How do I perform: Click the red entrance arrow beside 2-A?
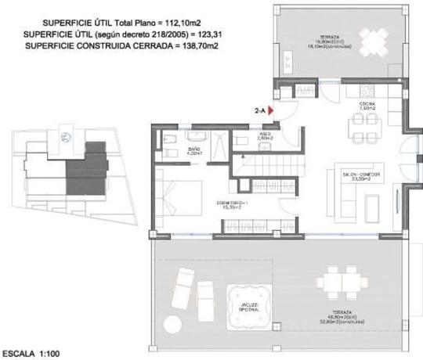point(271,111)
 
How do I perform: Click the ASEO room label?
point(266,135)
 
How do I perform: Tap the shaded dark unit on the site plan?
point(85,171)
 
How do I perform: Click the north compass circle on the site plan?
point(68,139)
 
